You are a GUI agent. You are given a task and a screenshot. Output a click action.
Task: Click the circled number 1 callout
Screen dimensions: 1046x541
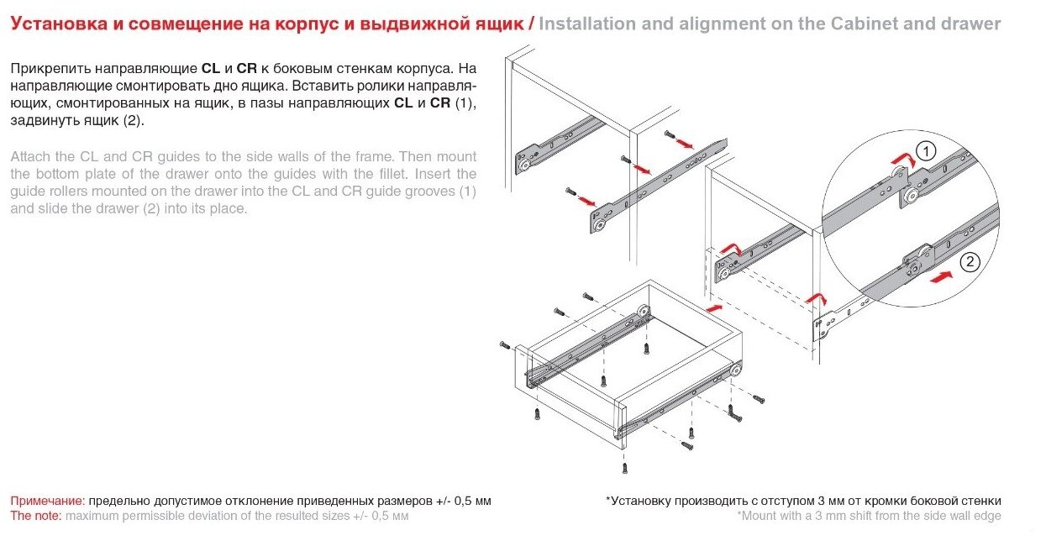pos(924,152)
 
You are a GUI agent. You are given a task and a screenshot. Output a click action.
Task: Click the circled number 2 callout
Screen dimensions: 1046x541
pos(969,261)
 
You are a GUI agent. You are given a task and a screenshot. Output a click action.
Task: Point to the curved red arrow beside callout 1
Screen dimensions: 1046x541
pos(901,159)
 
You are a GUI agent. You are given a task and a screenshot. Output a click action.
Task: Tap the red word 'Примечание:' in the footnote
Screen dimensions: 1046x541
pos(48,501)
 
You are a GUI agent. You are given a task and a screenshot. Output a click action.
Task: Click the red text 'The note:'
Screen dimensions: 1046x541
pos(36,515)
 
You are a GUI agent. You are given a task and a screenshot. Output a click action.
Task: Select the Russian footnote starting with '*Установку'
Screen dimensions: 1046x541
pos(803,501)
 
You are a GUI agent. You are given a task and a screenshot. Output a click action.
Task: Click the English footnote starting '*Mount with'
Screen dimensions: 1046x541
pos(869,515)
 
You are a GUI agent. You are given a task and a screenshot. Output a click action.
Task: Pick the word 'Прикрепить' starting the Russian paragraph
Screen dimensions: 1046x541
pos(50,68)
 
